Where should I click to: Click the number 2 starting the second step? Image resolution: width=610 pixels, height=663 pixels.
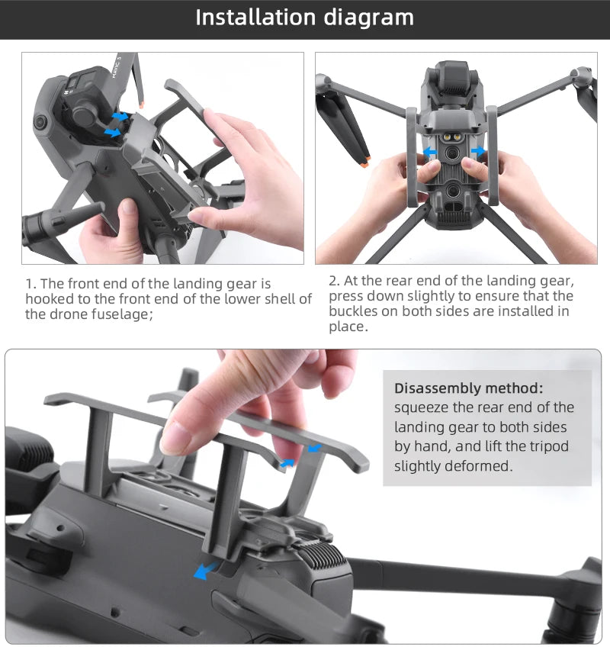coord(332,281)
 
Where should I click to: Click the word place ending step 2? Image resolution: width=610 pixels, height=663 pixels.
coord(347,327)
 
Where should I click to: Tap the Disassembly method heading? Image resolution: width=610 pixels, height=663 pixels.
coord(468,388)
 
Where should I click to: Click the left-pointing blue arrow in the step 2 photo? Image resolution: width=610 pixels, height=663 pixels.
coord(431,153)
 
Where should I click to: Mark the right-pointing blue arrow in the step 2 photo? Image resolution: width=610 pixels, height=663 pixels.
coord(479,153)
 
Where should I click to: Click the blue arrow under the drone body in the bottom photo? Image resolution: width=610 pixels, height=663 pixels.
coord(204,571)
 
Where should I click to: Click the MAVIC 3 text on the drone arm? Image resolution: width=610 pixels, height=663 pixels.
coord(118,60)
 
